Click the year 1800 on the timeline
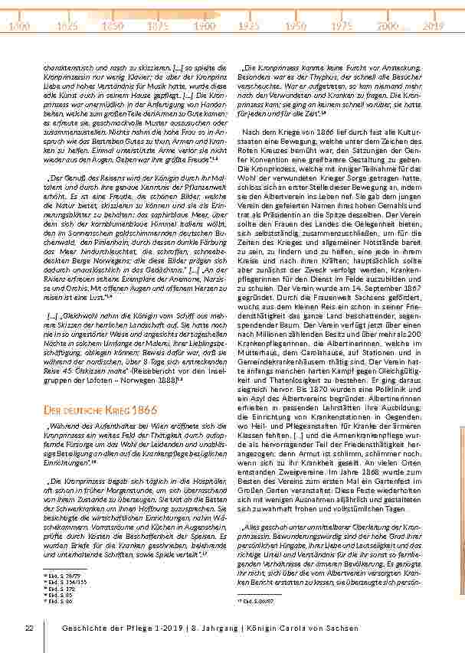tap(21, 26)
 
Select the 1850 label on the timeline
tap(113, 26)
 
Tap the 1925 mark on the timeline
tap(249, 26)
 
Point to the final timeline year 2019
tap(433, 26)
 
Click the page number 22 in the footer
tap(29, 628)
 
